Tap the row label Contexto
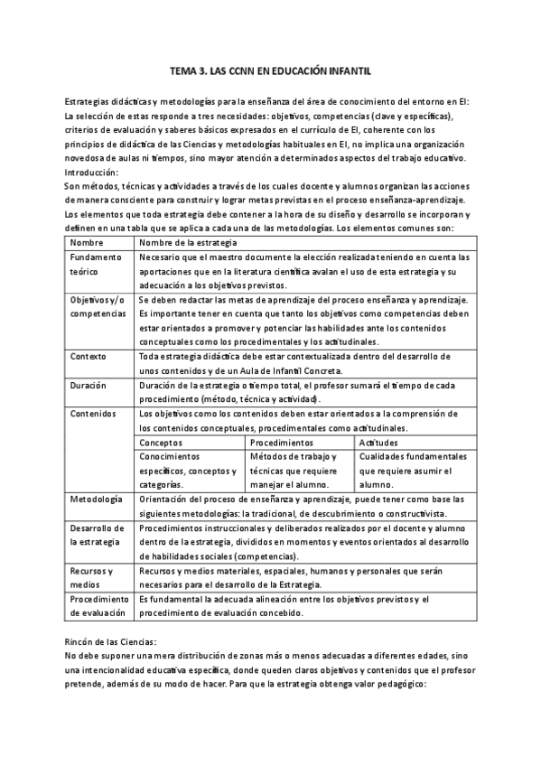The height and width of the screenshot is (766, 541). coord(89,356)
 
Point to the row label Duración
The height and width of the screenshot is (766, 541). coord(89,385)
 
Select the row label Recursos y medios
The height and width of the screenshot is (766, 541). coord(91,577)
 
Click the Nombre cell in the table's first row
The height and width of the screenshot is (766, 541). coord(87,243)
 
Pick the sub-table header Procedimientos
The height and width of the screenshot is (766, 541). coord(282,443)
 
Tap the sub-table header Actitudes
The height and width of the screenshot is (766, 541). coord(379,443)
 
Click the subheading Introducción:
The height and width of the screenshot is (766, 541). coord(92,171)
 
